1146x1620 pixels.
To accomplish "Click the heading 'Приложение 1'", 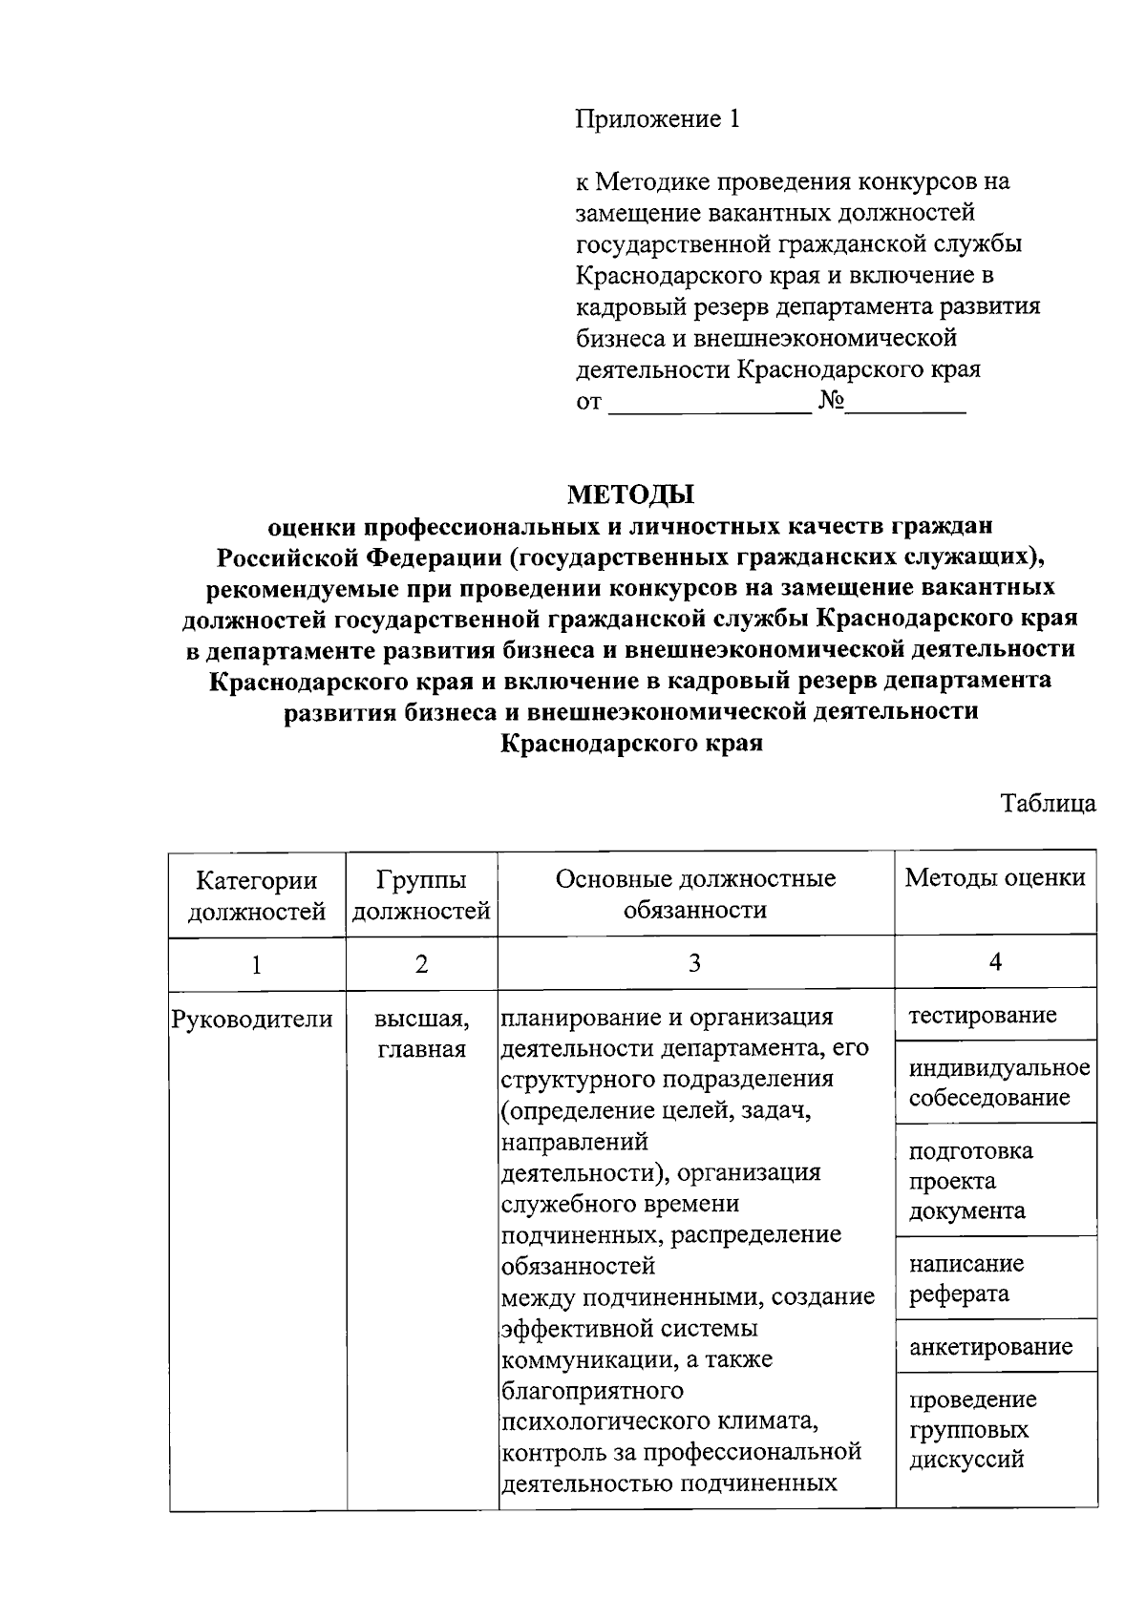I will tap(657, 119).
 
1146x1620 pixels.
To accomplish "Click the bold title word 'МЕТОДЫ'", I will tap(630, 494).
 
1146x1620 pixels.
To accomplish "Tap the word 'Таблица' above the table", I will tap(1048, 803).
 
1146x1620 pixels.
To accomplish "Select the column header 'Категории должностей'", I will tap(256, 894).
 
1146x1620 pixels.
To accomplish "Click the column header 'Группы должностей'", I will tap(421, 894).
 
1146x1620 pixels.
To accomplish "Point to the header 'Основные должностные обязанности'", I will tap(695, 894).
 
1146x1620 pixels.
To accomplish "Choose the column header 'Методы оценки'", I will tap(994, 878).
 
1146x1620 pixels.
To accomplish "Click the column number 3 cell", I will tap(695, 963).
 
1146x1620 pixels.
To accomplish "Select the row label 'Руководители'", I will tap(252, 1020).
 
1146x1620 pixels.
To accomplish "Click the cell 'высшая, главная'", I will tap(421, 1035).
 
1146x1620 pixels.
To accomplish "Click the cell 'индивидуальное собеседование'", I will tap(998, 1082).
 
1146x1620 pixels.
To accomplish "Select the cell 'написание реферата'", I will tap(966, 1279).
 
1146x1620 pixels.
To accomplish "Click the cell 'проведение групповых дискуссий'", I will tap(972, 1429).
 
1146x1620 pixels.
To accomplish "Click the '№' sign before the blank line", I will tap(831, 401).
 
